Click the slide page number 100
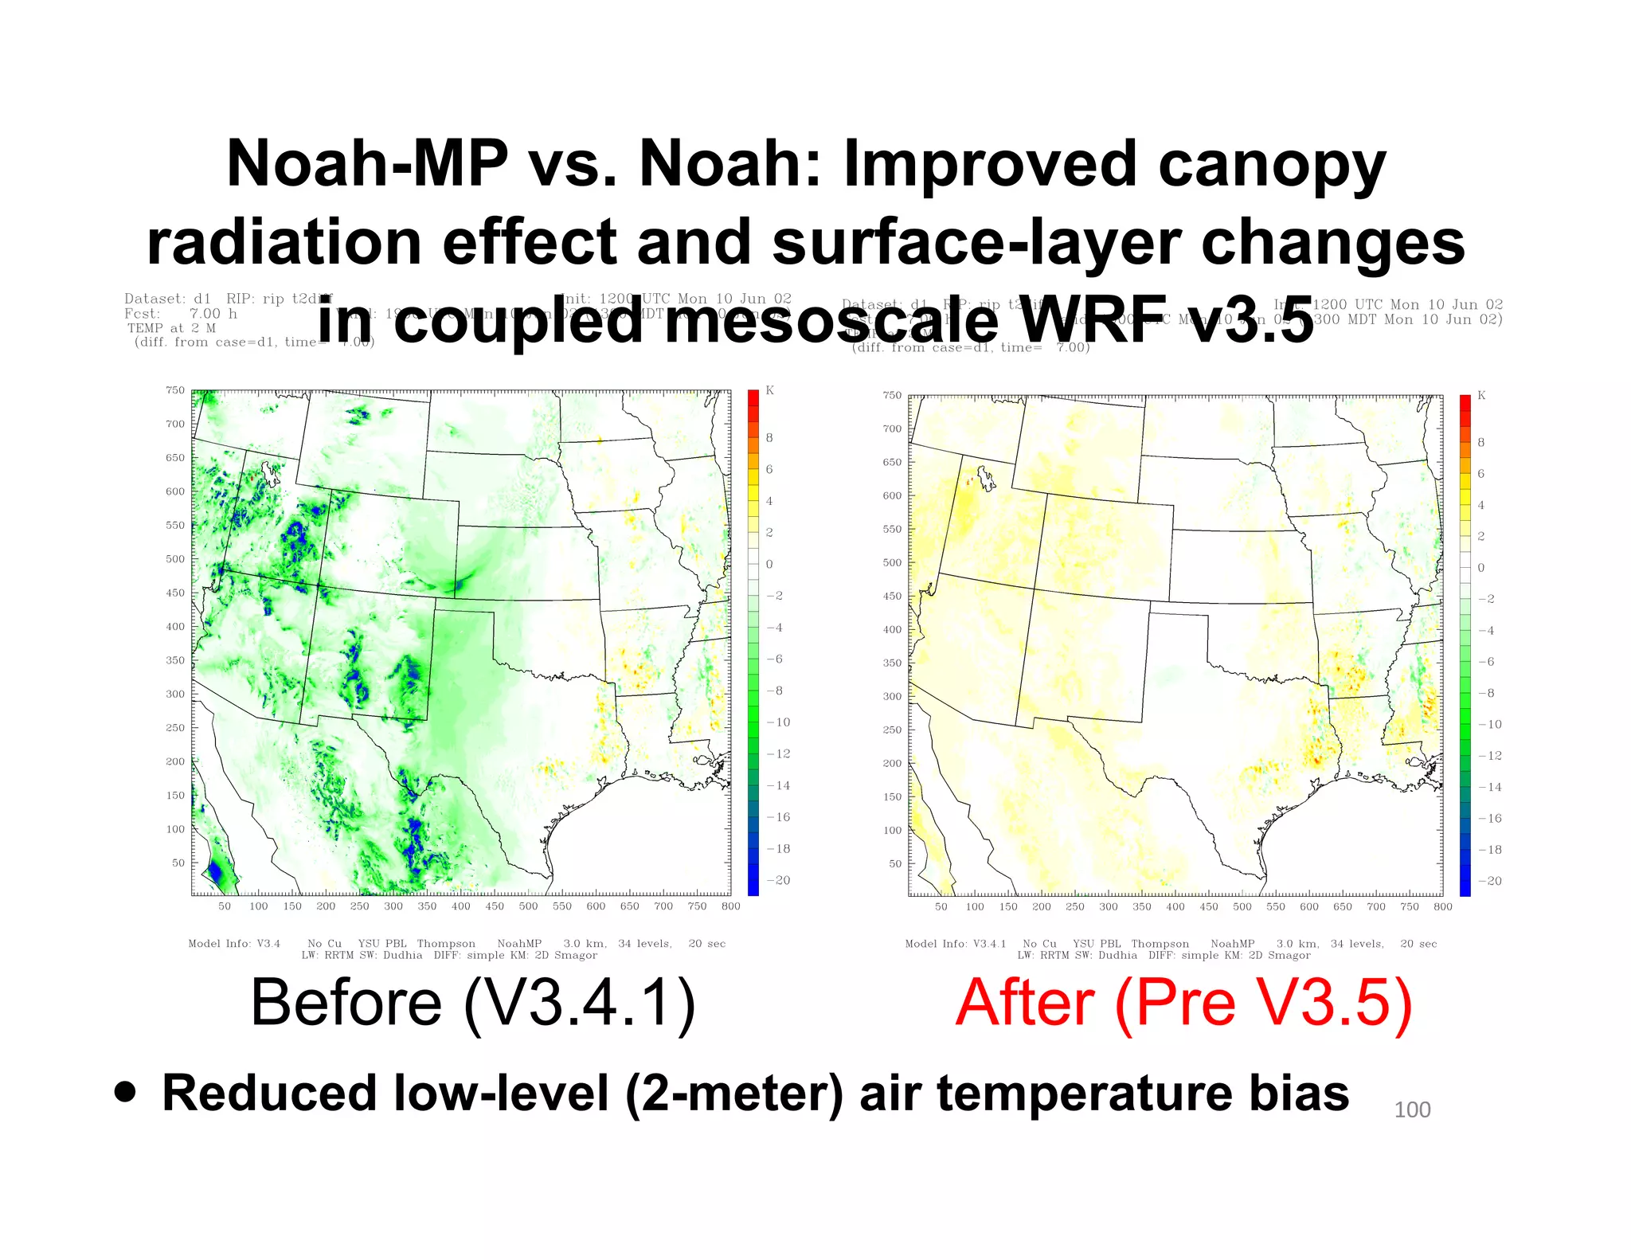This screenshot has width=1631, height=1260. [1412, 1109]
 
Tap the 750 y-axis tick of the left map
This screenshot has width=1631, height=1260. [174, 390]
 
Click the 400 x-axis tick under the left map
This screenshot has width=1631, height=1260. [460, 906]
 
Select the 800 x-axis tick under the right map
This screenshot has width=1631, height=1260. [1442, 906]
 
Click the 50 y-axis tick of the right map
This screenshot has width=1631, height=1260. [894, 863]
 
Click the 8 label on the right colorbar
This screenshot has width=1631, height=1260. [1480, 442]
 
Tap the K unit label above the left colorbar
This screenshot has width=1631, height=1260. [769, 390]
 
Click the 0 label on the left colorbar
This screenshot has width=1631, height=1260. [769, 564]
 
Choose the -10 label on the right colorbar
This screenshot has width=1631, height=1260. [1488, 724]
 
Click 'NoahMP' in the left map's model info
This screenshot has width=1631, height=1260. [519, 944]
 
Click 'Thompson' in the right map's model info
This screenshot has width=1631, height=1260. [1160, 944]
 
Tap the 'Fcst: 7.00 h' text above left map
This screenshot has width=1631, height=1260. [181, 314]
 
